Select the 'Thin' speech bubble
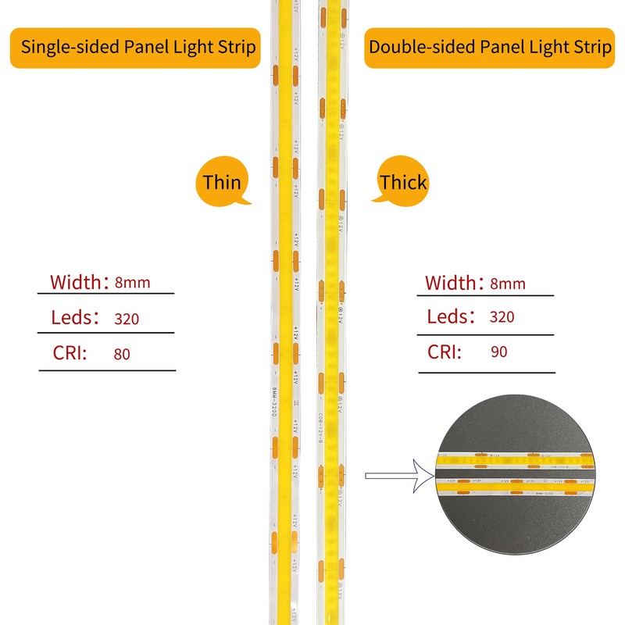(x=222, y=183)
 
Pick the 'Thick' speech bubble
(x=403, y=183)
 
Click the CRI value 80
(x=122, y=354)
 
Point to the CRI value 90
(x=499, y=352)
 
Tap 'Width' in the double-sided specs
(x=451, y=282)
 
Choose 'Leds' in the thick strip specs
(x=450, y=316)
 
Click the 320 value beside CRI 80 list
(x=126, y=319)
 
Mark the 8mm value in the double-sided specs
(x=507, y=284)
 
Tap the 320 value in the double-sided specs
(x=502, y=317)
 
